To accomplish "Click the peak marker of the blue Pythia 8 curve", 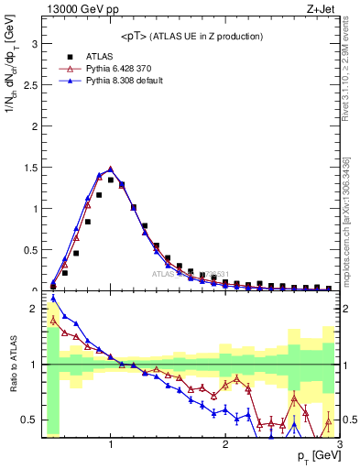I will click(111, 169).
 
